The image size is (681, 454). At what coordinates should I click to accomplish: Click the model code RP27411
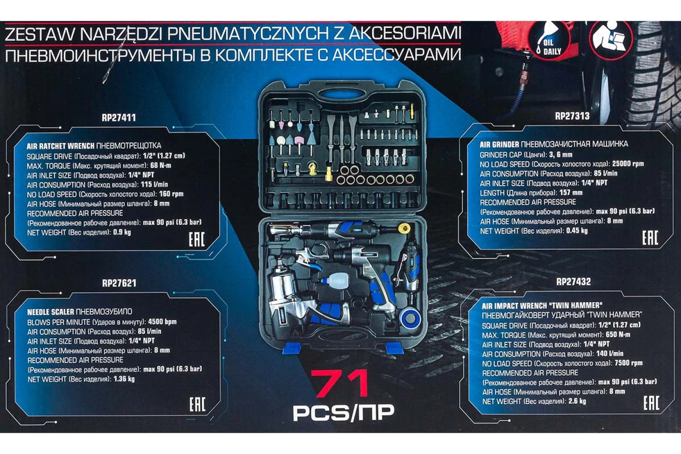(x=119, y=118)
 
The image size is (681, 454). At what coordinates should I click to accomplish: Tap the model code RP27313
(x=572, y=116)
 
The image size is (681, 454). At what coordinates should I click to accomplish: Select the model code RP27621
(x=119, y=283)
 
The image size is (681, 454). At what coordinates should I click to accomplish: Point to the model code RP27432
(x=573, y=282)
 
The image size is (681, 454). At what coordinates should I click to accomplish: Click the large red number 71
(x=341, y=383)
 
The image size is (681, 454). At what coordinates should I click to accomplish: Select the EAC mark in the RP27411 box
(x=197, y=240)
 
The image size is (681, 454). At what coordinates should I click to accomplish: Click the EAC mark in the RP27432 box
(x=651, y=403)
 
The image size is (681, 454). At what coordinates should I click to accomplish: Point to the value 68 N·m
(x=161, y=166)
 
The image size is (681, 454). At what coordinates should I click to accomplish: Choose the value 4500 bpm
(x=162, y=322)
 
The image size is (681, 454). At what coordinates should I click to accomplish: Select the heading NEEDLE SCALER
(x=50, y=312)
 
